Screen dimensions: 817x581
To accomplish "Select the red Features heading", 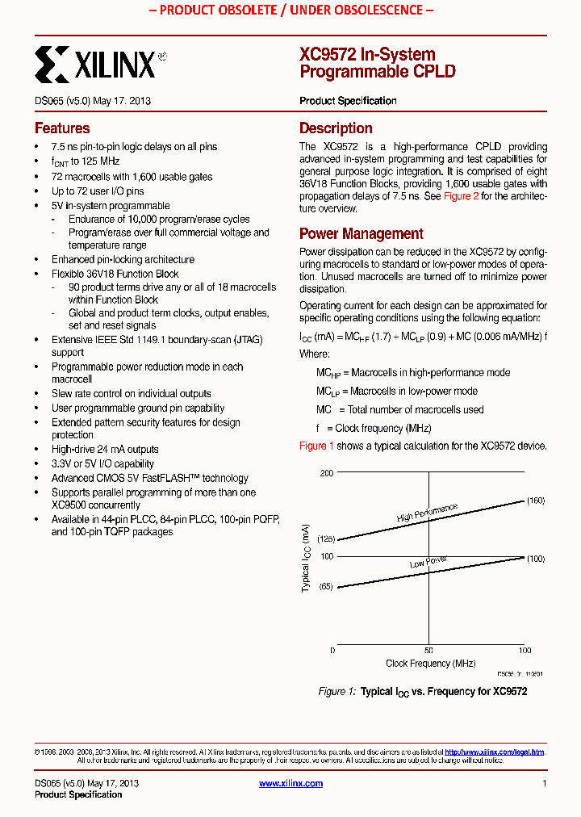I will pos(62,128).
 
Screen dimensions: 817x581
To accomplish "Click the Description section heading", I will pos(336,128).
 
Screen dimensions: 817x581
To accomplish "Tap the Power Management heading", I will pos(361,234).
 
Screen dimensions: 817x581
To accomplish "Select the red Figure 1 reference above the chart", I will pos(316,446).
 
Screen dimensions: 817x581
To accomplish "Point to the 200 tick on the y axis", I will pos(326,472).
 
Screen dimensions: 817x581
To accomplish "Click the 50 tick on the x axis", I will pos(428,650).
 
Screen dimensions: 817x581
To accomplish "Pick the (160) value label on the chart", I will pos(536,501).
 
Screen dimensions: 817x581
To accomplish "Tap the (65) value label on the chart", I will pos(326,587).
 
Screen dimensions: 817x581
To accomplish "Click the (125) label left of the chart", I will pos(324,538).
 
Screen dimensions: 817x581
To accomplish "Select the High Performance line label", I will pos(427,513).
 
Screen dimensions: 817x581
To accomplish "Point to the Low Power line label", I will pos(428,562).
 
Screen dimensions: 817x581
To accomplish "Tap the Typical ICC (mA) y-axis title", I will pos(306,558).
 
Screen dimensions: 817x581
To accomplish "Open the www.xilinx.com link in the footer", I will pos(290,783).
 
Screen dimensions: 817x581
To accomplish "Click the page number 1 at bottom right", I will pos(544,783).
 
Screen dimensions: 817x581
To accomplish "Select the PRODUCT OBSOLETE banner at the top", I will pos(290,10).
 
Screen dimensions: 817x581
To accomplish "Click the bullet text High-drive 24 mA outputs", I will pos(105,450).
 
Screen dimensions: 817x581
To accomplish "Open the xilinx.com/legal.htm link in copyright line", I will pos(494,752).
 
